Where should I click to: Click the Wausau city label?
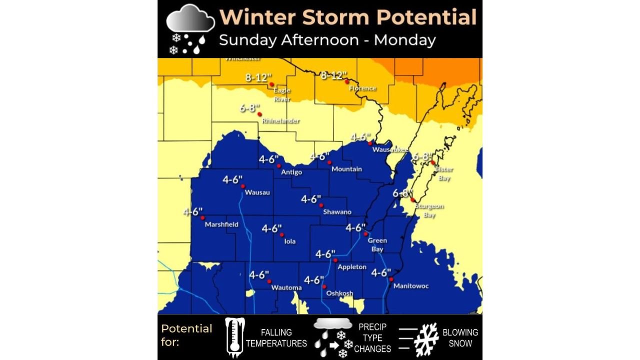coord(257,192)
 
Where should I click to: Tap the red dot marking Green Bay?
coord(365,234)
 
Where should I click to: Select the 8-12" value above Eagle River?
coord(258,77)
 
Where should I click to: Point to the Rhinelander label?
coord(280,121)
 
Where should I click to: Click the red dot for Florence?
coord(346,81)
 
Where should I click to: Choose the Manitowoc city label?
coord(411,286)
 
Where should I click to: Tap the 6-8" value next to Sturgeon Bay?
coord(403,193)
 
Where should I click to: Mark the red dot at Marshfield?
coord(202,217)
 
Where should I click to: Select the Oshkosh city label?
coord(339,293)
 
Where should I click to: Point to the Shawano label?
coord(337,212)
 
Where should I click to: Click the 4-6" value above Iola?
coord(272,228)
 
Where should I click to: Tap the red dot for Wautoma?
coord(269,281)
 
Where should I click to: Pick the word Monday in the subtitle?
coord(404,39)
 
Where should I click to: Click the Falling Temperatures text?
coord(276,338)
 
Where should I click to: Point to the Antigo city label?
coord(291,172)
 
